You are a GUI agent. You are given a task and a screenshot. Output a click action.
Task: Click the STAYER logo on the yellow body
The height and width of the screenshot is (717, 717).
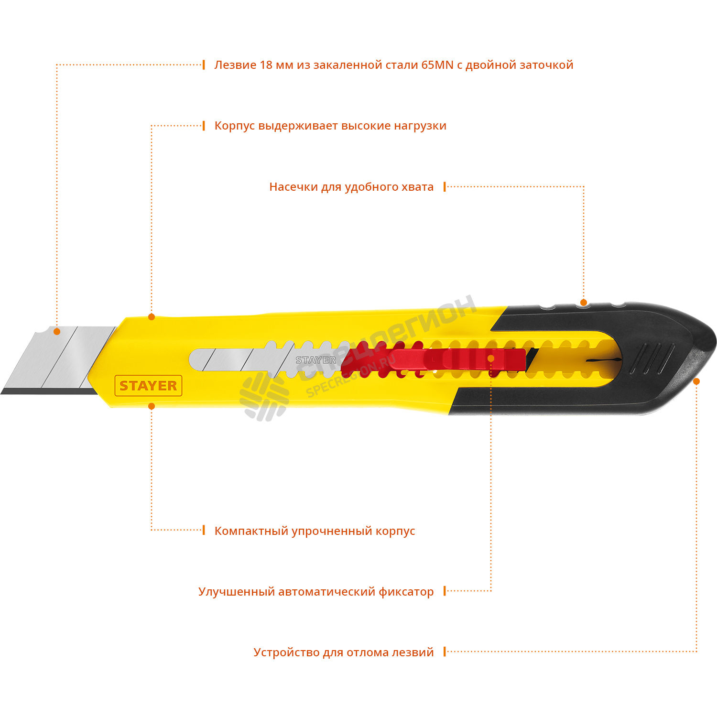coord(148,386)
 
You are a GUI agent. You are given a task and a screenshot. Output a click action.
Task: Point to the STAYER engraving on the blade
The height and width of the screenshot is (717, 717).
coord(315,360)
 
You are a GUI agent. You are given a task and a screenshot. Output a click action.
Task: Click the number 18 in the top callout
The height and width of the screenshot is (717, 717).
coord(266,65)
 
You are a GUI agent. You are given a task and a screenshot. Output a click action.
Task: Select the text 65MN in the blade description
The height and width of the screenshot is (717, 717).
coord(437,65)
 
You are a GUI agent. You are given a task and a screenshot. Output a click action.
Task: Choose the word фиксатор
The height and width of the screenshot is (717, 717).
coord(406,592)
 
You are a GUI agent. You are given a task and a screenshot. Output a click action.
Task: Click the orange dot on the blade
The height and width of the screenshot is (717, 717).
coord(57,331)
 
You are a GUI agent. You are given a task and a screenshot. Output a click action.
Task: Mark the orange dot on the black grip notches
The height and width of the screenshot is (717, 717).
coord(583,303)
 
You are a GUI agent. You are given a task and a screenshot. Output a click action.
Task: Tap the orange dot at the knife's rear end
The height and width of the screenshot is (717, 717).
coord(696,381)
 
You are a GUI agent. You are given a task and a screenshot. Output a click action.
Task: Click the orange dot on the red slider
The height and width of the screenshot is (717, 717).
coord(491,358)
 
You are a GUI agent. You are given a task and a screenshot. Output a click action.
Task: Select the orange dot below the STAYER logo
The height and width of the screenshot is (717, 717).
coord(152,406)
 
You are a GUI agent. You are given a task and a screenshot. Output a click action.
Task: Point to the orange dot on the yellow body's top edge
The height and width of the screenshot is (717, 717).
coord(152,317)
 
